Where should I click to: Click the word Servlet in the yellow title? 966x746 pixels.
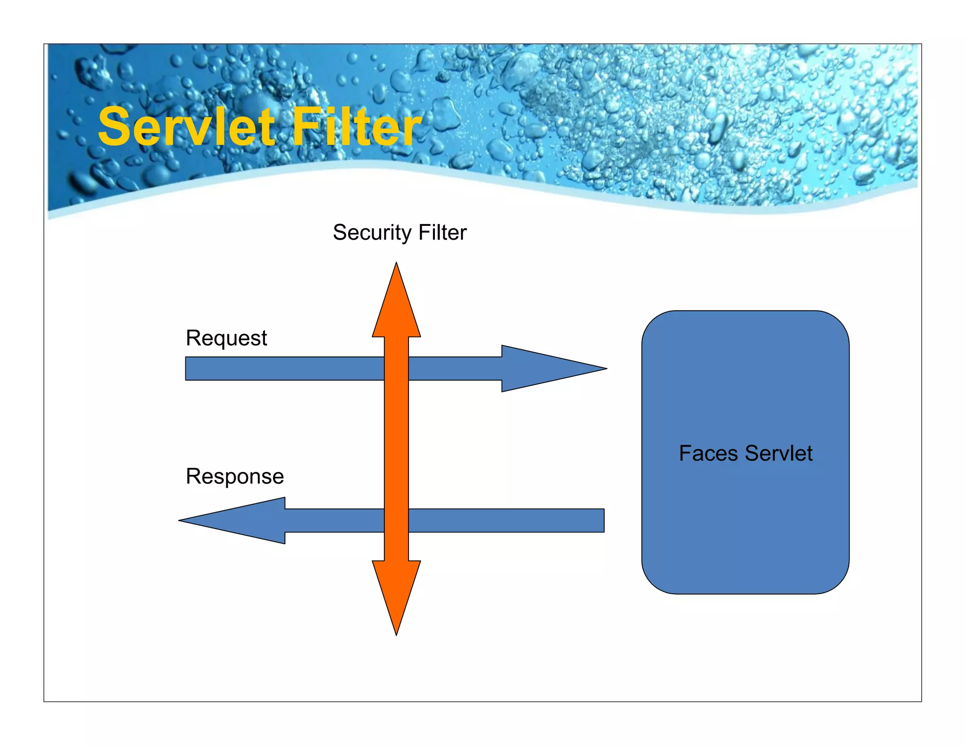tap(186, 126)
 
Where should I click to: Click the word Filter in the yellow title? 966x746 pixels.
tap(357, 126)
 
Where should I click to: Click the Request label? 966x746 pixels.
tap(226, 339)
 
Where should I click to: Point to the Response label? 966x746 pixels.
tap(235, 476)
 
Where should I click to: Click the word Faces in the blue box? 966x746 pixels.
tap(708, 453)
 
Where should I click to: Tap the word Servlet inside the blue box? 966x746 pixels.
tap(779, 453)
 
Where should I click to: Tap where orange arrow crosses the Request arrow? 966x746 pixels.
tap(396, 368)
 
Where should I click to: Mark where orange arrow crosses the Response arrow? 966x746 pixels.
tap(396, 521)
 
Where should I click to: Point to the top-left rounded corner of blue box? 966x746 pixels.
tap(653, 322)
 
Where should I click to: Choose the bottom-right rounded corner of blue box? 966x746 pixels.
tap(838, 582)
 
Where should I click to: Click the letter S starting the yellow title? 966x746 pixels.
tap(113, 126)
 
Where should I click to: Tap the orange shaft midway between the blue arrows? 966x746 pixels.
tap(396, 444)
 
